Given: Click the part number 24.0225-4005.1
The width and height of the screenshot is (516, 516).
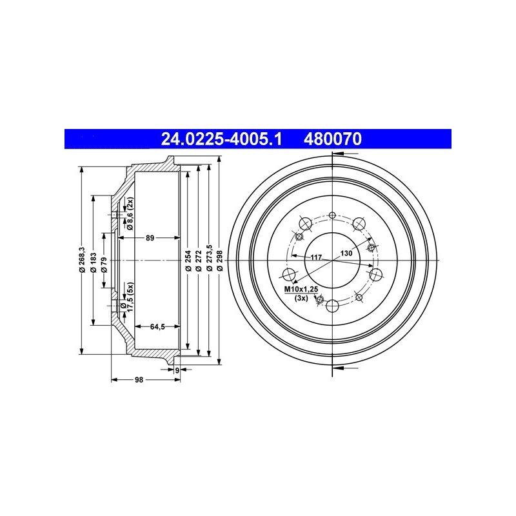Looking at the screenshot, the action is [221, 139].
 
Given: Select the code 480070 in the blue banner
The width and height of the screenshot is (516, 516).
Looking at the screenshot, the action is [333, 139].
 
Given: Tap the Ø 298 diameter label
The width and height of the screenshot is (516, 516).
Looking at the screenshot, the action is [220, 261].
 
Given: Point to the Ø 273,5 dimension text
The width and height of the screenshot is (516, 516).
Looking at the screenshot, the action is [209, 258].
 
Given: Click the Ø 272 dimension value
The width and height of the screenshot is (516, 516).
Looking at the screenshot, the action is [199, 261].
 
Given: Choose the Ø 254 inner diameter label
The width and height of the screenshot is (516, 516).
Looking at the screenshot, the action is [188, 261].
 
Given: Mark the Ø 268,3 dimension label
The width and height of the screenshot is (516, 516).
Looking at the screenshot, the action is [83, 260].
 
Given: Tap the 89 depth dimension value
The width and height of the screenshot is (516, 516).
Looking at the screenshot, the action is [150, 238].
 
